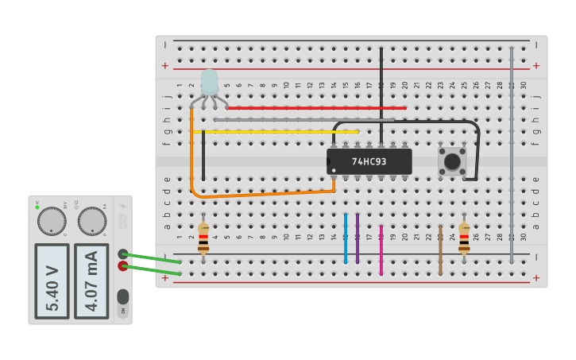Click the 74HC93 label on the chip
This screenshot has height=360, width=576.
(369, 161)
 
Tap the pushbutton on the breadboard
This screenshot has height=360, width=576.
(452, 161)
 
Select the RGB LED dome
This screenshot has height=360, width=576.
(209, 83)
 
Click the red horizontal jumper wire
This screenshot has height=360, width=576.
(318, 107)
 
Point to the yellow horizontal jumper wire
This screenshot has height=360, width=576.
(278, 131)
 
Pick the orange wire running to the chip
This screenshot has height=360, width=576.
(262, 193)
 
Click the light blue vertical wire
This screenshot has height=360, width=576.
(346, 238)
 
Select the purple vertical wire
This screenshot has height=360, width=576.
(358, 238)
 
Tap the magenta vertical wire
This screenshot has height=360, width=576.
(381, 250)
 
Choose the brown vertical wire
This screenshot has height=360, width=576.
(440, 250)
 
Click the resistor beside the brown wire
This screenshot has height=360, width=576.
(464, 238)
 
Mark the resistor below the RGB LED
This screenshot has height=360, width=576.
(203, 238)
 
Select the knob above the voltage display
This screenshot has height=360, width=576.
(52, 221)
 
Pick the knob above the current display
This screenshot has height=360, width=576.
(91, 221)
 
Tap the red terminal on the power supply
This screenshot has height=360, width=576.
(123, 266)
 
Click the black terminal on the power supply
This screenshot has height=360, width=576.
(123, 254)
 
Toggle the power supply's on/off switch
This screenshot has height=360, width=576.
(122, 296)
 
